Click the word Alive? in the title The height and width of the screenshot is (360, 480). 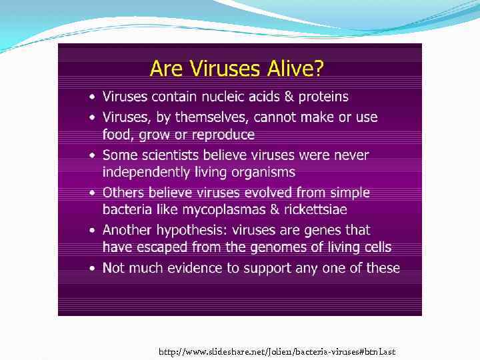click(291, 68)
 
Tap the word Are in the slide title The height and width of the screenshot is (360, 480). click(165, 68)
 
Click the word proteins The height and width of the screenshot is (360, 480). click(323, 97)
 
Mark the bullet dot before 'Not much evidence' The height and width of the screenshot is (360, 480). click(93, 269)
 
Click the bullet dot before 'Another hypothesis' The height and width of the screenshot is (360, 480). click(93, 231)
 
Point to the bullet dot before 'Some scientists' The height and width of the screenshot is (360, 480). click(93, 155)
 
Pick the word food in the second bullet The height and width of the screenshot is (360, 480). click(117, 135)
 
